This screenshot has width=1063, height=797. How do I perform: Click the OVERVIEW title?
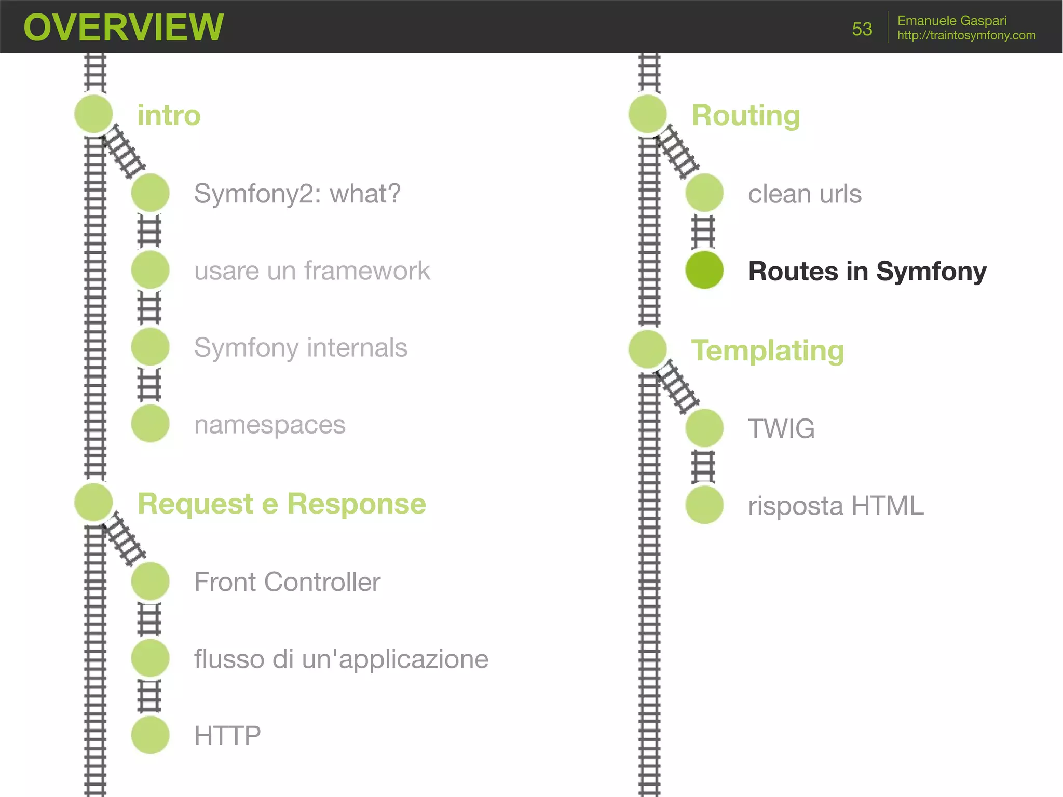pyautogui.click(x=124, y=27)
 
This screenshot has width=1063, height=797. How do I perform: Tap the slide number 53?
pyautogui.click(x=862, y=29)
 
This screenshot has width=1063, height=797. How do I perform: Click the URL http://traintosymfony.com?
pyautogui.click(x=966, y=35)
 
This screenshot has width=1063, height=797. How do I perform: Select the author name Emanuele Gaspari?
pyautogui.click(x=951, y=20)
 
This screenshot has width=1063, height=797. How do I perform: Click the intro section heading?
pyautogui.click(x=169, y=115)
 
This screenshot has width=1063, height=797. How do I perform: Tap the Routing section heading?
pyautogui.click(x=745, y=115)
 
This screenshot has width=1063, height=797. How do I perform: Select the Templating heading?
pyautogui.click(x=767, y=350)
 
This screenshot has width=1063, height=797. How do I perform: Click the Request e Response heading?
pyautogui.click(x=281, y=504)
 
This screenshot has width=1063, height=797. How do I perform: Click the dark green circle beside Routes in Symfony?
pyautogui.click(x=704, y=270)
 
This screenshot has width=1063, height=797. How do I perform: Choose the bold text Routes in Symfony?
pyautogui.click(x=867, y=271)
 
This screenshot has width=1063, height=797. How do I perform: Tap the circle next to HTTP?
pyautogui.click(x=150, y=735)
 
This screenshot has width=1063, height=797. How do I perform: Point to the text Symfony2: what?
pyautogui.click(x=297, y=194)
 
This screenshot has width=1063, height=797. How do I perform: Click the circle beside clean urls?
pyautogui.click(x=704, y=193)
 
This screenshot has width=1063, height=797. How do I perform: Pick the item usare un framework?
pyautogui.click(x=312, y=271)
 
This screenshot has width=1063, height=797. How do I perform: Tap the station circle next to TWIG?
pyautogui.click(x=704, y=428)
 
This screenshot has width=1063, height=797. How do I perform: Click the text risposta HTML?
pyautogui.click(x=835, y=505)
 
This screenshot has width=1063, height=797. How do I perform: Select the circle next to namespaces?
pyautogui.click(x=150, y=424)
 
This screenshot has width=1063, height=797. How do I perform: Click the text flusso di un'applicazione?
pyautogui.click(x=341, y=659)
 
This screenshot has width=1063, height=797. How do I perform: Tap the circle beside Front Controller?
pyautogui.click(x=150, y=581)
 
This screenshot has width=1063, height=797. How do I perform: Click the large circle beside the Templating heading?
pyautogui.click(x=647, y=349)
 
